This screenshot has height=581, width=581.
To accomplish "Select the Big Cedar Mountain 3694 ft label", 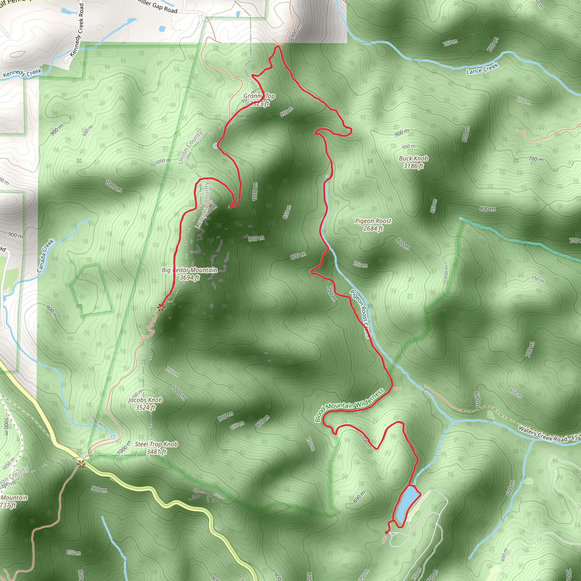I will pyautogui.click(x=190, y=274).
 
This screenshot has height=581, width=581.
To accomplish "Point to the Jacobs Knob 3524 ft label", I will pyautogui.click(x=145, y=404).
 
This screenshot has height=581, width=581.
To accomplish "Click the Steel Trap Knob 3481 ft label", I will pyautogui.click(x=156, y=448).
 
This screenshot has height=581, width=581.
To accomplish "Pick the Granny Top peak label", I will pyautogui.click(x=259, y=100).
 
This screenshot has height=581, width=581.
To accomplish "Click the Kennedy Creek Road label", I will pyautogui.click(x=77, y=30).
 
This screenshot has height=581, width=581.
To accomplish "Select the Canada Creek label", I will pyautogui.click(x=45, y=256).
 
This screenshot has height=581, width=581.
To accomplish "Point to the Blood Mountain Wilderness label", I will pyautogui.click(x=349, y=405).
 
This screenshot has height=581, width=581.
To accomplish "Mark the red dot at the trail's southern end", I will pyautogui.click(x=386, y=532).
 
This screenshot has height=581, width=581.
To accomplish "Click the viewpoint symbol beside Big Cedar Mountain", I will pyautogui.click(x=161, y=307).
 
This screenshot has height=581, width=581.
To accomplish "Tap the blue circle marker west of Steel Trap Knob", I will pyautogui.click(x=113, y=437).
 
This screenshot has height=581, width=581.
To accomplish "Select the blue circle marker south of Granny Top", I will pyautogui.click(x=215, y=146).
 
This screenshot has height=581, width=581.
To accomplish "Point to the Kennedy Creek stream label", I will pyautogui.click(x=22, y=73).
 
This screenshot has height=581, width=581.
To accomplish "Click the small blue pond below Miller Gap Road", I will pyautogui.click(x=162, y=29).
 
